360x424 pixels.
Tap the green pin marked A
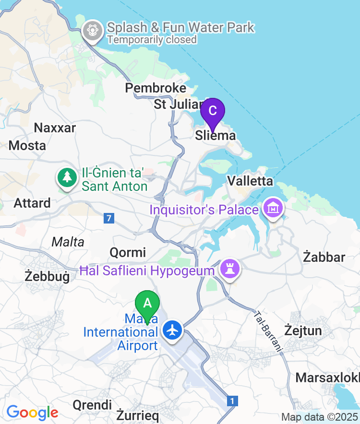point(147,304)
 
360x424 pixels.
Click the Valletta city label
point(250,181)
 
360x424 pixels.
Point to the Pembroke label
point(156,88)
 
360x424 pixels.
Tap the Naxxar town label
point(55,128)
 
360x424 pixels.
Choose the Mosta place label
point(27,145)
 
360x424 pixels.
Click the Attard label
point(32,203)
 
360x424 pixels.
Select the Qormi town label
point(128,252)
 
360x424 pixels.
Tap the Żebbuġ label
point(47,277)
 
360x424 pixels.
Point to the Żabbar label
point(324,257)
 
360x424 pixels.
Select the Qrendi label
point(92,405)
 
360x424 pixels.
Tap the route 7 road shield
point(109,218)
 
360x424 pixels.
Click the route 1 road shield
point(232,400)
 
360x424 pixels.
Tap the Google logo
point(32,412)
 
